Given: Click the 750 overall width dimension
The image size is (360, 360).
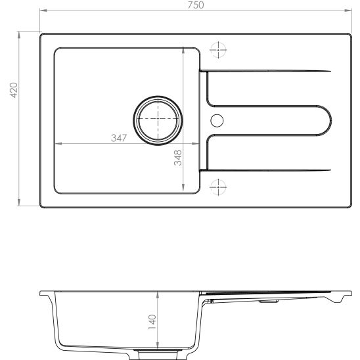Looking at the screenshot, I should tap(196, 5).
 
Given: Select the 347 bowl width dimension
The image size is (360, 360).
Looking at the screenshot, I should tap(118, 138).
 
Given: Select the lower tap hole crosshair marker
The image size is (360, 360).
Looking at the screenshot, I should tap(217, 188).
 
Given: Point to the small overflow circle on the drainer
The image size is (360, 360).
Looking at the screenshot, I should tap(217, 120).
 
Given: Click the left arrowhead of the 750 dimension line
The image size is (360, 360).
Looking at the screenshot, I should tap(43, 11).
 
